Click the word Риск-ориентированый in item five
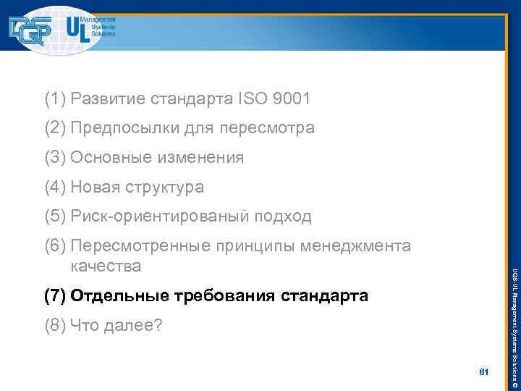[160, 216]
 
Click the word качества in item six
[106, 266]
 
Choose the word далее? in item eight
[137, 326]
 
